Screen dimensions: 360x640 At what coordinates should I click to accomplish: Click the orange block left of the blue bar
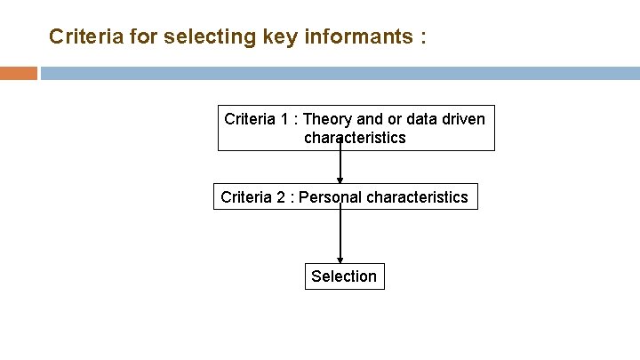19,73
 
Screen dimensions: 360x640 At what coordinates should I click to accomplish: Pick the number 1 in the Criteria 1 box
284,119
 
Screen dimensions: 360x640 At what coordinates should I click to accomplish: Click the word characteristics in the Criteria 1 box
355,138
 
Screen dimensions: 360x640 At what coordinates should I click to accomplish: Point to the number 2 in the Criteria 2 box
281,197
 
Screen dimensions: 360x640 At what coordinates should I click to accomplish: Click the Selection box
344,276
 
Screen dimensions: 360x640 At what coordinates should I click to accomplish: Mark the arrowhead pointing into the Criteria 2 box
340,180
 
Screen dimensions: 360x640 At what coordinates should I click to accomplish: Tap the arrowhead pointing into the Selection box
340,260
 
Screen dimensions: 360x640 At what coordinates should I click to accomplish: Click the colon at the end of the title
422,38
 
